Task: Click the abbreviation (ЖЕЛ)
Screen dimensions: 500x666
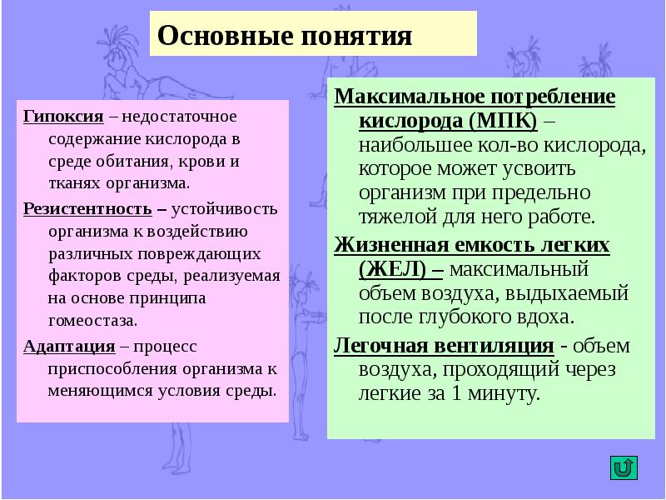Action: pos(390,269)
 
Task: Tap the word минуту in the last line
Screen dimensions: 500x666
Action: pos(502,393)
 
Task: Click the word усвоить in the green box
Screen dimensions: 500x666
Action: pos(549,169)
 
